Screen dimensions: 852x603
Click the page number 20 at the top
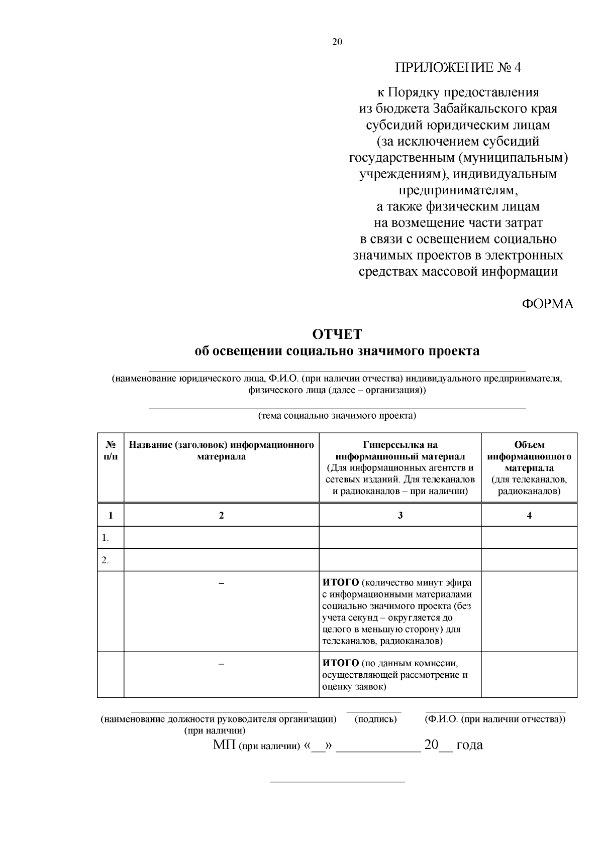coord(337,42)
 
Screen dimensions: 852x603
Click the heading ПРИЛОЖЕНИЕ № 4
coord(458,68)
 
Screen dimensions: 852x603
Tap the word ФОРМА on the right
coord(548,304)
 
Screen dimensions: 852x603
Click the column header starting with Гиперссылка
coord(400,445)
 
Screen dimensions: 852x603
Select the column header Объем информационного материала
coord(529,456)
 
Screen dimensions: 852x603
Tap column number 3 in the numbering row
coord(400,515)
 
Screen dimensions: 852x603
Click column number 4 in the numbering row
coord(529,515)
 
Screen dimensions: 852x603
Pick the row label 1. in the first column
coord(106,538)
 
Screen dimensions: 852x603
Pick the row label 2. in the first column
coord(106,560)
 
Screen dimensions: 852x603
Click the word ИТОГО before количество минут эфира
coord(340,583)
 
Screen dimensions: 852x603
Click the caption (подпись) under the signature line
coord(375,719)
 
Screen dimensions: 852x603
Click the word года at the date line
coord(469,745)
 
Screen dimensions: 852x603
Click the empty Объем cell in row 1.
coord(529,538)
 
